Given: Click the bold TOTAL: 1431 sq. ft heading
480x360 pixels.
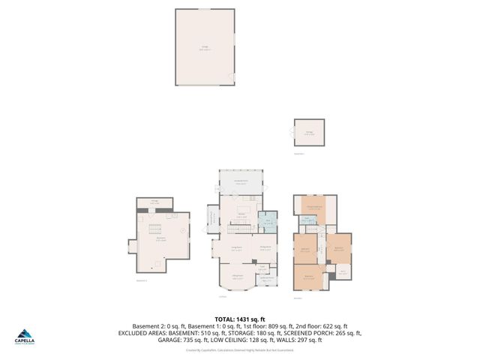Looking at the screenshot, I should click(239, 319).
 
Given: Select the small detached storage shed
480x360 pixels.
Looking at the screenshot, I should click(310, 134).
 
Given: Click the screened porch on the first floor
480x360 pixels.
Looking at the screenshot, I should click(241, 182).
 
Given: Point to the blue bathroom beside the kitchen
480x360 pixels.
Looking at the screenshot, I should click(268, 222).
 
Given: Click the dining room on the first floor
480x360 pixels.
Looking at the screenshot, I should click(265, 250).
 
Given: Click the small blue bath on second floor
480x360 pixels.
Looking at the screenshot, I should click(307, 220).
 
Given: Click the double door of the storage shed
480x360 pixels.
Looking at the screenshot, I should click(292, 133).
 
